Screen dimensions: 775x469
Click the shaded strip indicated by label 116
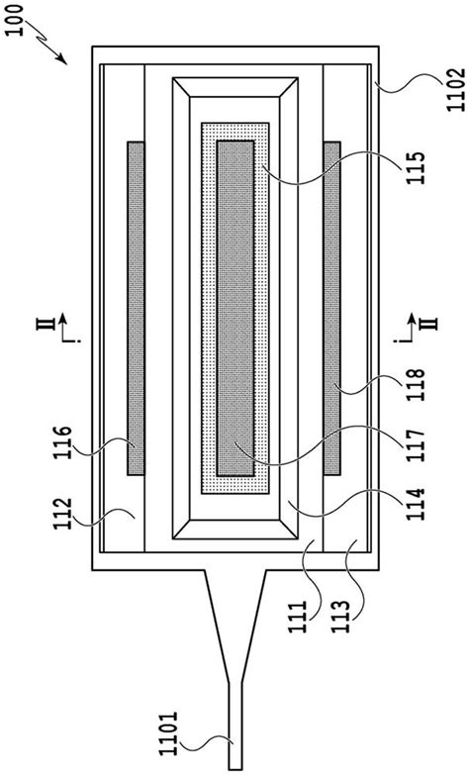137,308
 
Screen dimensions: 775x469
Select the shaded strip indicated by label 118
332,308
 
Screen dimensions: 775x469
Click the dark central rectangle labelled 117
235,308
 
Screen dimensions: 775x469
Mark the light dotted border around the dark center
208,308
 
